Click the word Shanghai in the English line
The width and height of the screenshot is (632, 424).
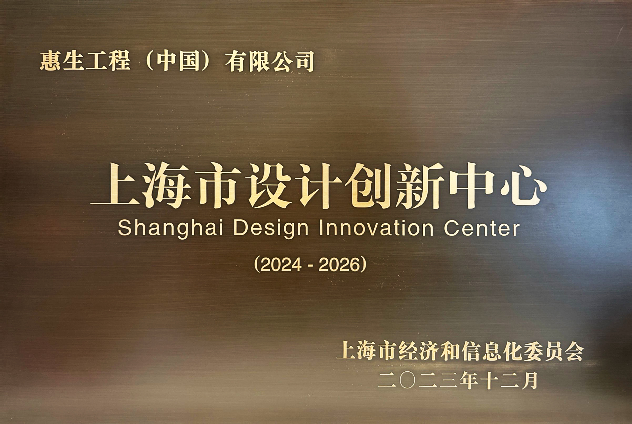(x=171, y=229)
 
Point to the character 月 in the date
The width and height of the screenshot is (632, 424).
(x=529, y=381)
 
